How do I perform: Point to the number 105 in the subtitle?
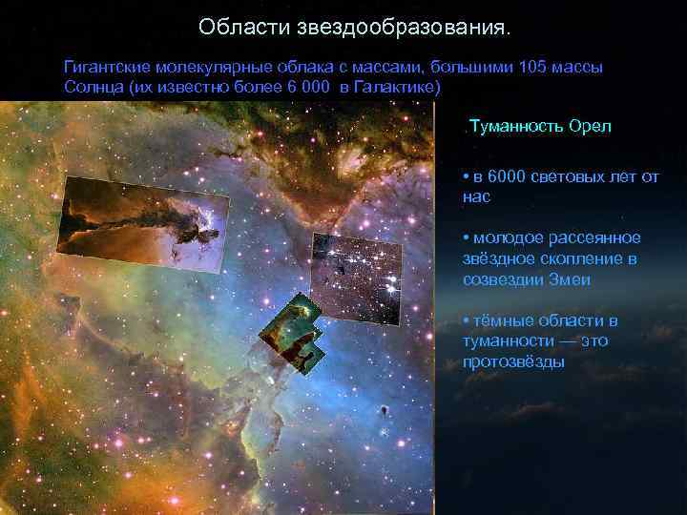point(531,68)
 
